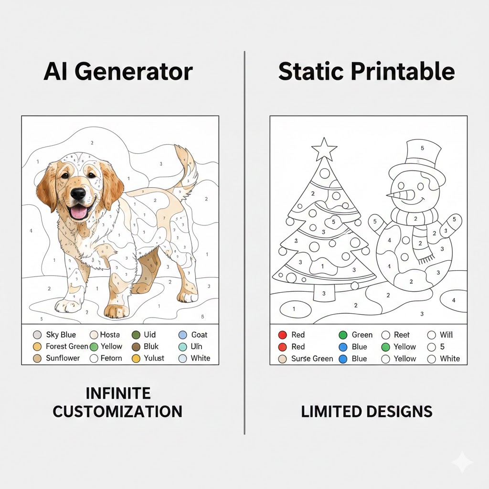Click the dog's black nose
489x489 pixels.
tap(78, 193)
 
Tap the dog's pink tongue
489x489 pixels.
tap(79, 211)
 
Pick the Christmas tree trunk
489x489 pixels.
tap(324, 292)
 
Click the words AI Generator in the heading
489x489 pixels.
tap(118, 72)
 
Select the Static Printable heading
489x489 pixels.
tap(366, 72)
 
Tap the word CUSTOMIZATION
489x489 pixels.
tap(117, 411)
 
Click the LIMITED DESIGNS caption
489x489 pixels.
tap(367, 411)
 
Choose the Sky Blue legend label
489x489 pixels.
tap(61, 335)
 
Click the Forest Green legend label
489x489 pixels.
tap(67, 346)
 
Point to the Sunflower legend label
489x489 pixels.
tap(63, 358)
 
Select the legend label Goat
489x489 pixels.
tap(199, 335)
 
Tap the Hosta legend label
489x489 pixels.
tap(110, 335)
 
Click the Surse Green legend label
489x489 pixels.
tap(312, 359)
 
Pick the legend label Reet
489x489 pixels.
tap(402, 335)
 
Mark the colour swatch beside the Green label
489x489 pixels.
tap(343, 335)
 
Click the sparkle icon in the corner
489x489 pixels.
tap(462, 462)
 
